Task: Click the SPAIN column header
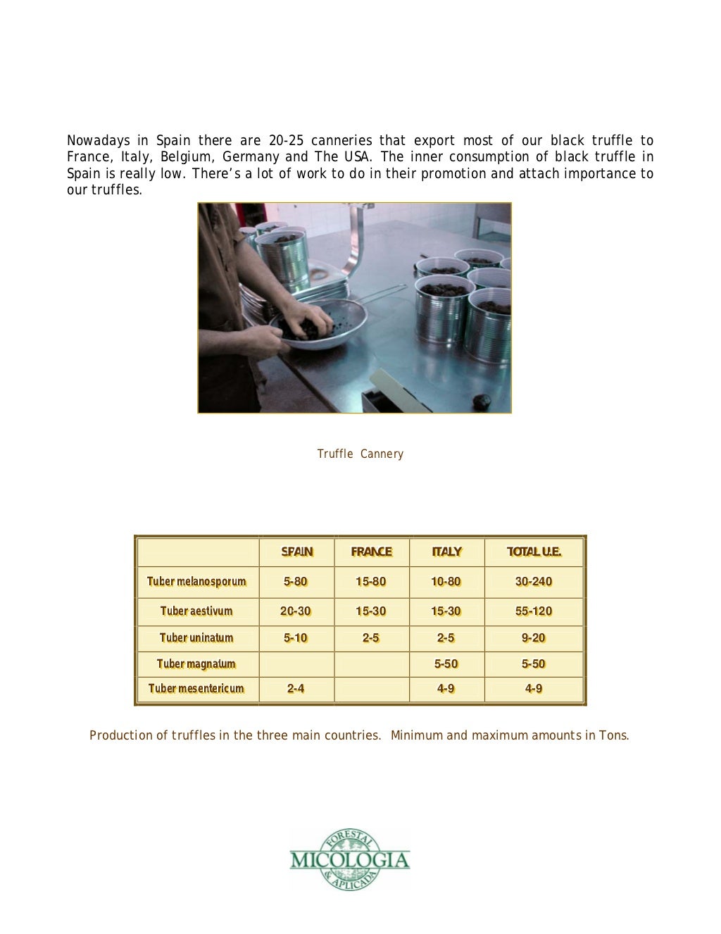coord(296,552)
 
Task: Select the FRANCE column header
coord(371,552)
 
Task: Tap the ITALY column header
coord(446,552)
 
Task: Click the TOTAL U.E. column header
coord(534,552)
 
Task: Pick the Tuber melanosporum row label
coord(196,582)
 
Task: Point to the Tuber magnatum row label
coord(196,664)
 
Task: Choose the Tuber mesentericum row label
coord(196,689)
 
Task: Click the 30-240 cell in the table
coord(534,582)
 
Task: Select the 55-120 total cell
coord(534,611)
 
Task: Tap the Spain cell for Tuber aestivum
coord(296,611)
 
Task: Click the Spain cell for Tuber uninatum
coord(296,638)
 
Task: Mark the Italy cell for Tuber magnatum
coord(446,664)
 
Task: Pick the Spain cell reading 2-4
coord(296,689)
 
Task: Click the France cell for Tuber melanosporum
coord(371,582)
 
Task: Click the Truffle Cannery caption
coord(360,454)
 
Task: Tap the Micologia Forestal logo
coord(350,859)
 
